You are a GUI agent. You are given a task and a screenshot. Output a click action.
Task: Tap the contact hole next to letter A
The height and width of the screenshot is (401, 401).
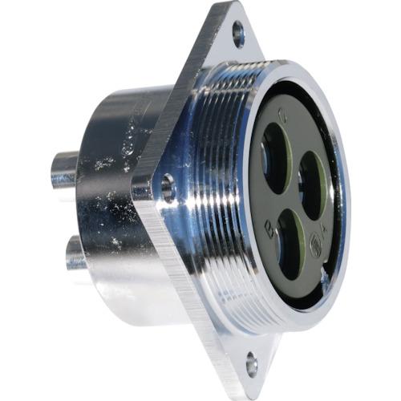click(313, 185)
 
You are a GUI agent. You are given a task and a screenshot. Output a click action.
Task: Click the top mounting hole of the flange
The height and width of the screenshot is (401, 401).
click(238, 34)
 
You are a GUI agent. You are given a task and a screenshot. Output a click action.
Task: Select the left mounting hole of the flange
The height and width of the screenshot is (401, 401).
click(168, 188)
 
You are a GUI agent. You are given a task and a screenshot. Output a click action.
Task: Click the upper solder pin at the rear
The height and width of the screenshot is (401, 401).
click(63, 169)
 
